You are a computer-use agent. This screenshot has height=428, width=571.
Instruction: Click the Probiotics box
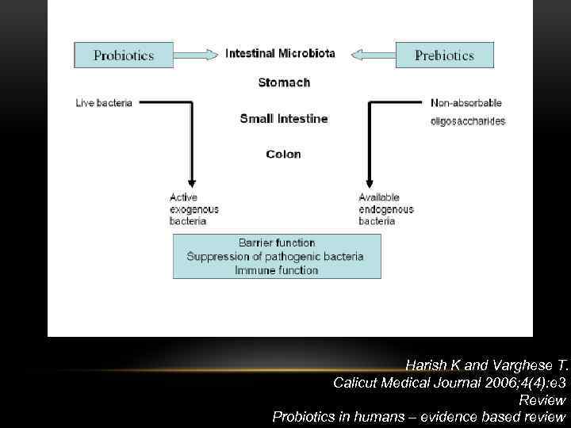coord(125,55)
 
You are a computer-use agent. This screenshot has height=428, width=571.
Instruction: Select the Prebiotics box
coord(444,55)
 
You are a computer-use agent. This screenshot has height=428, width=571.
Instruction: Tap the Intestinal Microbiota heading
coord(280,54)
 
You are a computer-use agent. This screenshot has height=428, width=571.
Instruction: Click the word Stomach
coord(284,82)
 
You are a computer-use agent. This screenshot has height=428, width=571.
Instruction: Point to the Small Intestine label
coord(284,119)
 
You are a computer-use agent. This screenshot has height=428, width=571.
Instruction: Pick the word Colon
coord(284,155)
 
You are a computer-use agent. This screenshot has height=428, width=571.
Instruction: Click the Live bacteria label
coord(104,103)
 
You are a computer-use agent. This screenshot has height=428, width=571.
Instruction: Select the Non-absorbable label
coord(466,103)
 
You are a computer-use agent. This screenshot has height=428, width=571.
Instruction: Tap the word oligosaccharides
coord(467,121)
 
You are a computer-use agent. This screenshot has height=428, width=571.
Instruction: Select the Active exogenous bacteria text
coord(194,209)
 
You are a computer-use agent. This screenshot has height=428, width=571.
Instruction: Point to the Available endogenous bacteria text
coord(386,209)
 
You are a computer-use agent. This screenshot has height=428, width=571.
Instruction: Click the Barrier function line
coord(277,243)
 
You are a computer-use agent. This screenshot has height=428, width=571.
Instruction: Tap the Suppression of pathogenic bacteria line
coord(275,256)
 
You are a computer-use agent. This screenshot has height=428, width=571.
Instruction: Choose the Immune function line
coord(277,270)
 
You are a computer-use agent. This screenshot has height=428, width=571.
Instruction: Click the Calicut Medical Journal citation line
coord(449,382)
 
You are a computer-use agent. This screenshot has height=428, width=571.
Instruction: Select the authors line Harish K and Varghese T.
coord(485,365)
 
